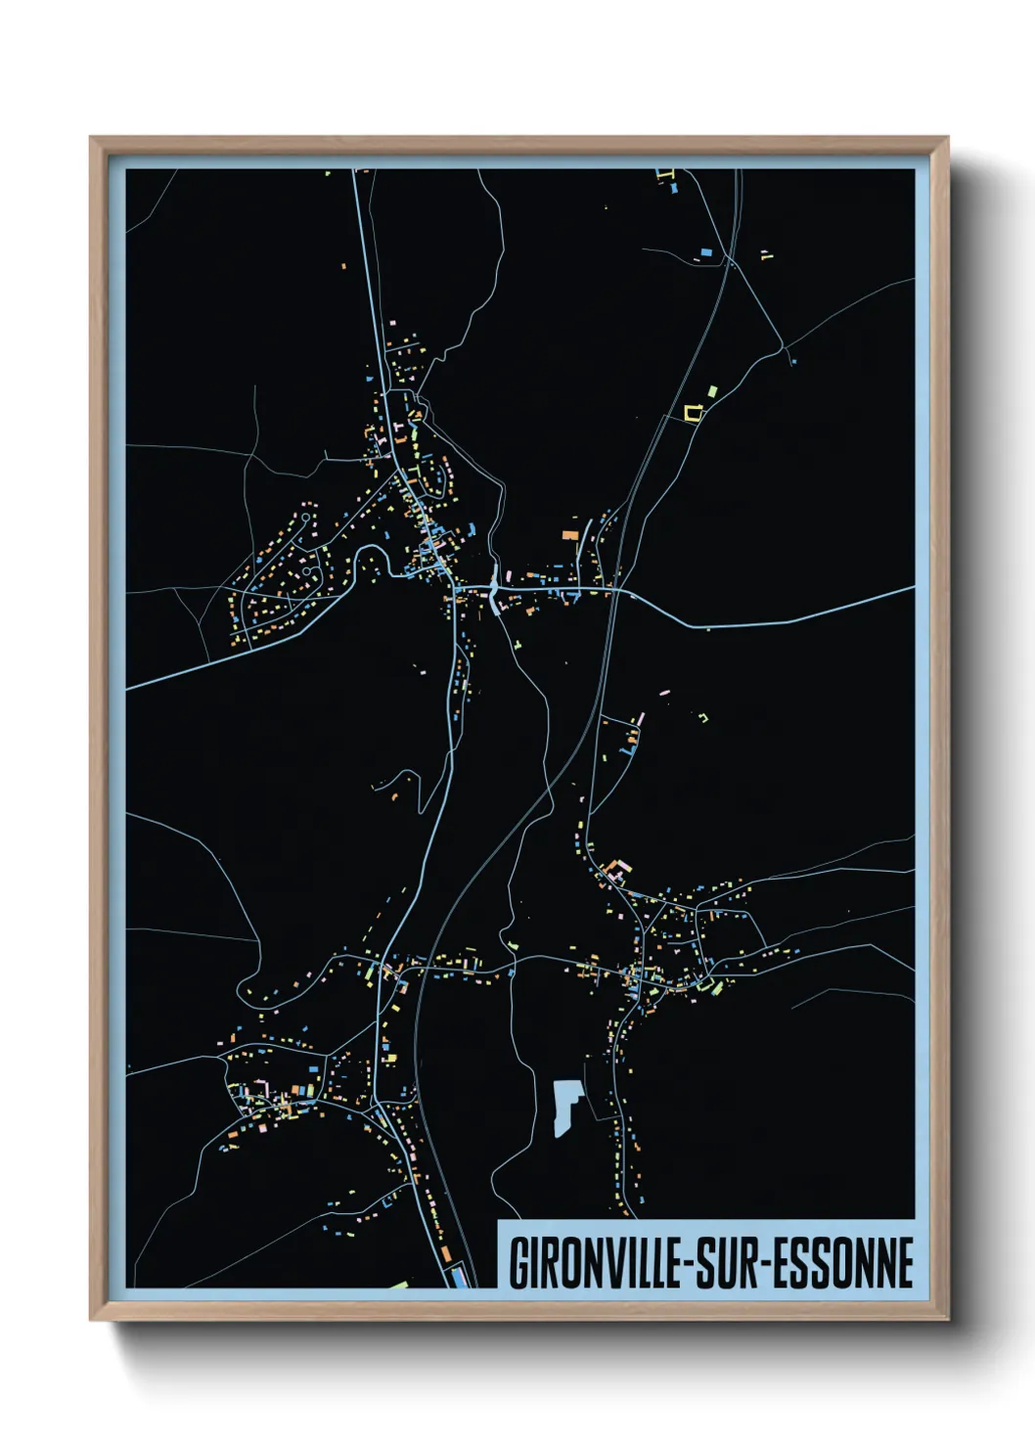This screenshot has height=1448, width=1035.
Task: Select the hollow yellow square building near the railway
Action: tap(694, 413)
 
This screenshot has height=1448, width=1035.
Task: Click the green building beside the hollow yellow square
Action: tap(711, 392)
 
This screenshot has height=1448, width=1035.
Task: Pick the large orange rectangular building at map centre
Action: tap(569, 535)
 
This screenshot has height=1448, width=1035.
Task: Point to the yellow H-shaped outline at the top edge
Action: tap(669, 179)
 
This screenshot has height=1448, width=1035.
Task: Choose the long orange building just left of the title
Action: tap(445, 1253)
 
